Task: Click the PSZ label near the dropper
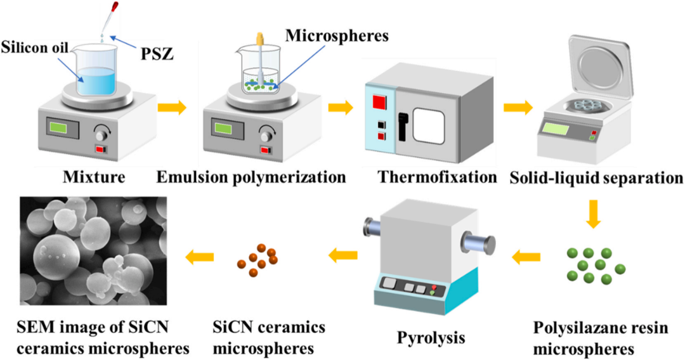click(157, 54)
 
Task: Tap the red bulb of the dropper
click(115, 6)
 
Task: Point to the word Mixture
click(94, 177)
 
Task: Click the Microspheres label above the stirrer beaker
click(337, 35)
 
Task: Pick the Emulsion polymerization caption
click(251, 177)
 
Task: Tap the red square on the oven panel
click(379, 102)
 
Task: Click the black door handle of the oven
click(402, 127)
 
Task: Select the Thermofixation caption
click(437, 177)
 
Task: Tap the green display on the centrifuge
click(556, 129)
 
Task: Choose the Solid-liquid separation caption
click(596, 178)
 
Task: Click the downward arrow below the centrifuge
click(593, 214)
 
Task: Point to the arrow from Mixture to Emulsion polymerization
click(172, 108)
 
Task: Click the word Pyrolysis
click(431, 337)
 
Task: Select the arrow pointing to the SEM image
click(200, 257)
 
